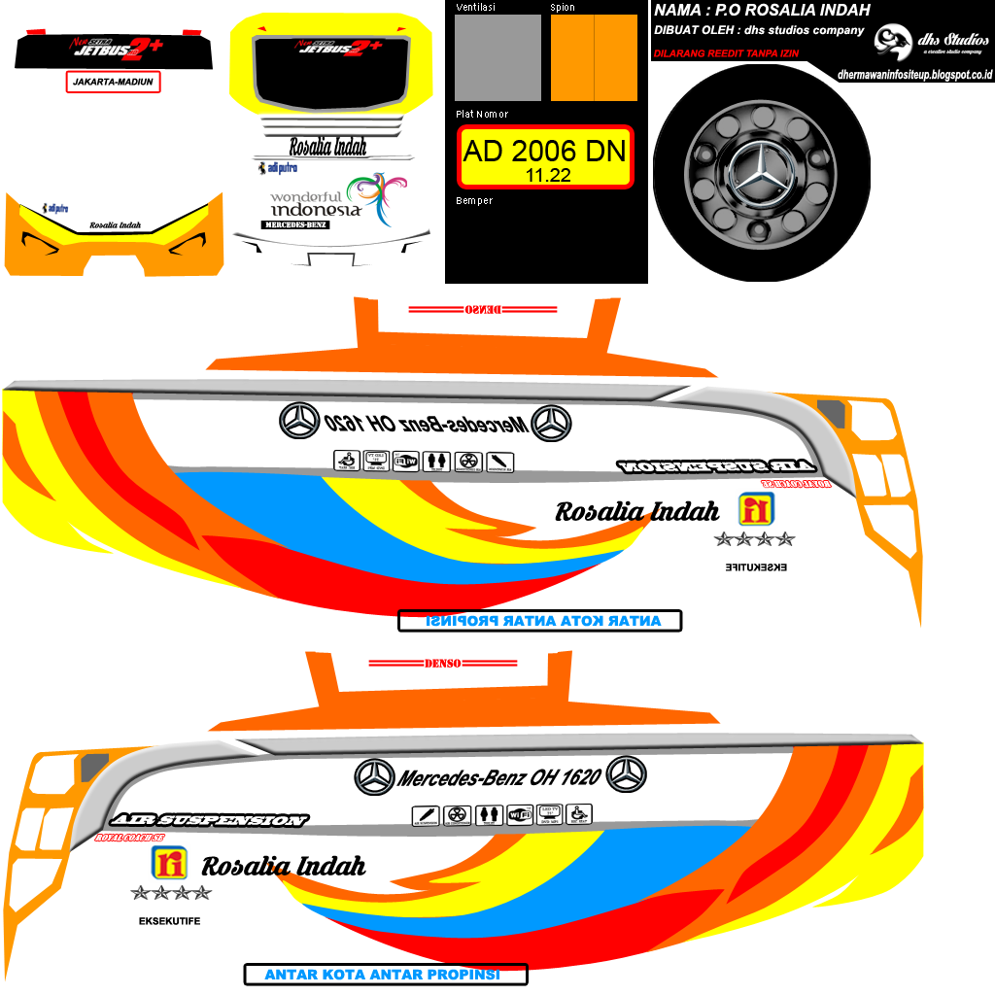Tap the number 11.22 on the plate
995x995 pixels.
(547, 176)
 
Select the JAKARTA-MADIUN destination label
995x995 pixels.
(112, 83)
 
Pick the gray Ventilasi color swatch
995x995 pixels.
(497, 57)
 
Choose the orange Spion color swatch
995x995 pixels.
(594, 57)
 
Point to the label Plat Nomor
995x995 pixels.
(482, 115)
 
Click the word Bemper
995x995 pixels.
(474, 201)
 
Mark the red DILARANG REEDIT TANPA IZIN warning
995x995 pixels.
(726, 53)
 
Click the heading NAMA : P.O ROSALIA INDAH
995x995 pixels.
(762, 11)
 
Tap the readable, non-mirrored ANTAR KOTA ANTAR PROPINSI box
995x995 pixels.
(385, 974)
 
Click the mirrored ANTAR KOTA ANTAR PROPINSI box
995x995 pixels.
(539, 621)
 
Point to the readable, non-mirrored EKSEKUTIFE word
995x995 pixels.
(169, 921)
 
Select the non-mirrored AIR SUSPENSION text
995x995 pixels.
(208, 820)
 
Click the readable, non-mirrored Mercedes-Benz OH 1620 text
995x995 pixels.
(499, 777)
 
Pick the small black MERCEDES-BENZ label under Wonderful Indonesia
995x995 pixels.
(295, 224)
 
